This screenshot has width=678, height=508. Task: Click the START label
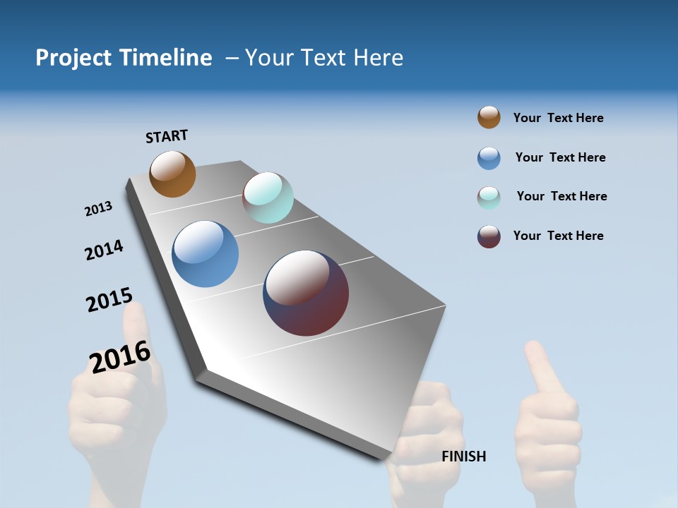tap(167, 136)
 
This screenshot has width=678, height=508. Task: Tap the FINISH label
tap(464, 456)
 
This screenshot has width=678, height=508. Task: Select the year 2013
tap(98, 209)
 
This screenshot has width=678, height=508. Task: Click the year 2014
tap(104, 250)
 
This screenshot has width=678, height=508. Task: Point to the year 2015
tap(109, 300)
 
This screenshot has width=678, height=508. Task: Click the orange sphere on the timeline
tap(172, 174)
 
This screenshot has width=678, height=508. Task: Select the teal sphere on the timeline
tap(268, 198)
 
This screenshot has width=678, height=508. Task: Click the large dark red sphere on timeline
tap(306, 293)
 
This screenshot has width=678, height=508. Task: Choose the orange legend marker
tap(489, 117)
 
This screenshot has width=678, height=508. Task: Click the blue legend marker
tap(489, 158)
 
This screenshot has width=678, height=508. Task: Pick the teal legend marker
tap(489, 198)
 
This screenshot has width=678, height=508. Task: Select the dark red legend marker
tap(489, 236)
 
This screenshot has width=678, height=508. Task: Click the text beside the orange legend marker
tap(558, 118)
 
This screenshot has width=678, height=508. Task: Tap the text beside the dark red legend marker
tap(558, 236)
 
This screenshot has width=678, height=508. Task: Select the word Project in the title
tap(73, 58)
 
